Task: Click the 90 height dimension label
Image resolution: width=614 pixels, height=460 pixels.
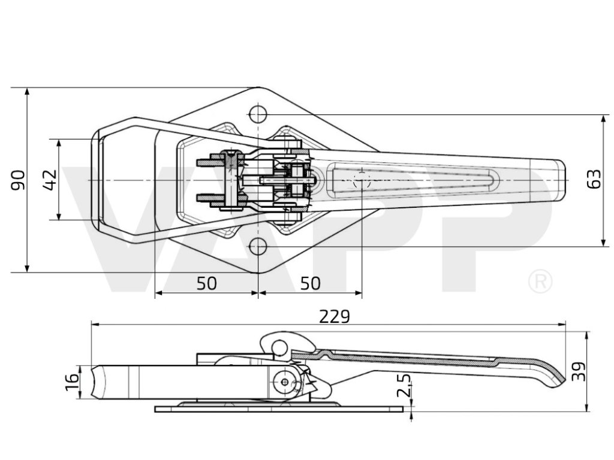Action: pos(18,180)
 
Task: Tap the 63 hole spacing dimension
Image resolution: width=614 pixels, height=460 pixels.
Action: pos(594,180)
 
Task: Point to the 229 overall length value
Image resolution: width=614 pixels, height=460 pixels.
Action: pos(335,316)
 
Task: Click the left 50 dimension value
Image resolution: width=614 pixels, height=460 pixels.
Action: pos(206,283)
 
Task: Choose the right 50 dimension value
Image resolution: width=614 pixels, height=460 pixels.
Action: pos(310,283)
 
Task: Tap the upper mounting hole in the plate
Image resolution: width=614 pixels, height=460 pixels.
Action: pos(258,114)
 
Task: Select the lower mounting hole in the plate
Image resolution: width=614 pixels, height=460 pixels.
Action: pos(258,246)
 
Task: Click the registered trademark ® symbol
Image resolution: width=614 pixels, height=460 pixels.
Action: pos(540,282)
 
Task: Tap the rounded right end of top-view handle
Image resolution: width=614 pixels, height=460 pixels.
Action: pos(561,180)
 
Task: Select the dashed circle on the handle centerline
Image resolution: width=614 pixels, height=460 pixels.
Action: pos(362,180)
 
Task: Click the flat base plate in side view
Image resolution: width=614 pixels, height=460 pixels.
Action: pos(279,409)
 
